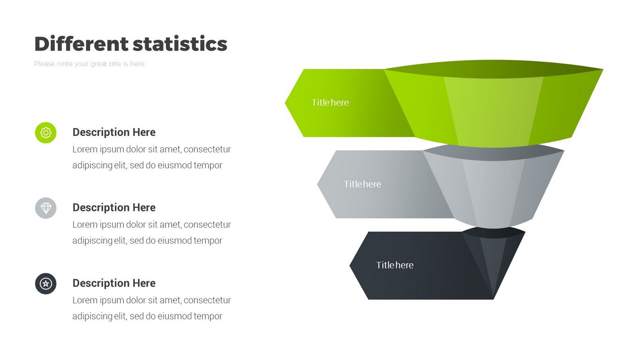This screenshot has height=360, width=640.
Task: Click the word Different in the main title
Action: coord(82,44)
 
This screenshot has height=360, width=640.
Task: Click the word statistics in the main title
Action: coord(180,44)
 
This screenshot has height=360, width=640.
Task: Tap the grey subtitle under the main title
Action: coord(90,64)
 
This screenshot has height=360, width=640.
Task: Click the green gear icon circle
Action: coord(46,133)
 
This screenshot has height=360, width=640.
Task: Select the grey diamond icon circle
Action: coord(46,208)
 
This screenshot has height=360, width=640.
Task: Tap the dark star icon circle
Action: coord(46,284)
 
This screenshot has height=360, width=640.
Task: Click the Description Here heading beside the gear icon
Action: coord(114,132)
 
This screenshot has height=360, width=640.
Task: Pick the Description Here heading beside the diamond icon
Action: coord(114,208)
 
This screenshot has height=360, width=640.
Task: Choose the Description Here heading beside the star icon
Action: coord(114,283)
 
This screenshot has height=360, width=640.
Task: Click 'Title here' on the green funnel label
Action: coord(330,103)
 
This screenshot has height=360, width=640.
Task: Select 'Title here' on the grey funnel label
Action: coord(362,184)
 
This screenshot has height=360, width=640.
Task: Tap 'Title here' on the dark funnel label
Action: coord(395,265)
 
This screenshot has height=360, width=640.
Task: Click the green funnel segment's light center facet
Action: coord(493,112)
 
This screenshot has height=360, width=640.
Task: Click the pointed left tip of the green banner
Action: coord(285,103)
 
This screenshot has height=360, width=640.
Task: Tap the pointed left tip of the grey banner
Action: coord(317,184)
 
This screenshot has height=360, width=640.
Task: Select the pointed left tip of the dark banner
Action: coord(350,265)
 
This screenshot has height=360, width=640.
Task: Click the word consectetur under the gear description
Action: coord(207,150)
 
